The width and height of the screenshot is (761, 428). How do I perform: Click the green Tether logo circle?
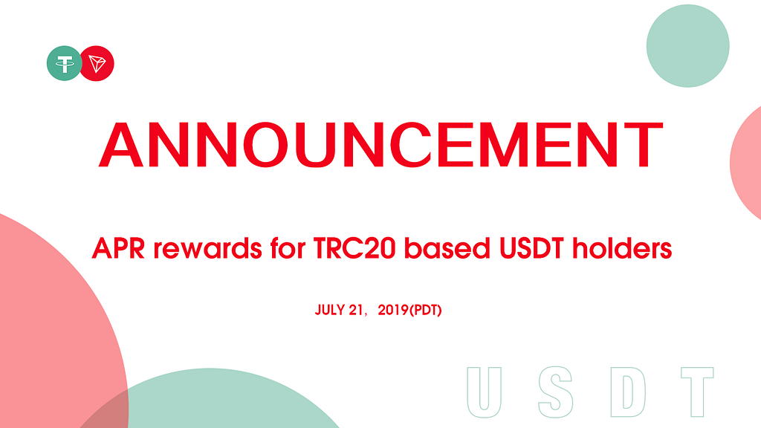pyautogui.click(x=63, y=64)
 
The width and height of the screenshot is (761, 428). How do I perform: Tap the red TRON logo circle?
pyautogui.click(x=98, y=64)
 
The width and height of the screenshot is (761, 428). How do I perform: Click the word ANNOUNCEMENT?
pyautogui.click(x=381, y=145)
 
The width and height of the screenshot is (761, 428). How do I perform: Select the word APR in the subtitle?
pyautogui.click(x=118, y=248)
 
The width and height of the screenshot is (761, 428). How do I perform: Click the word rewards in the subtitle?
pyautogui.click(x=208, y=248)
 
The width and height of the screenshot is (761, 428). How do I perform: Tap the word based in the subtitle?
pyautogui.click(x=447, y=248)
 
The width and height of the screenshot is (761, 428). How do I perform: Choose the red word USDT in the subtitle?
pyautogui.click(x=531, y=248)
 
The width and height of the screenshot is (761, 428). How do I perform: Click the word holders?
pyautogui.click(x=622, y=248)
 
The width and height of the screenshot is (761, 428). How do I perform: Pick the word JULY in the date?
pyautogui.click(x=330, y=310)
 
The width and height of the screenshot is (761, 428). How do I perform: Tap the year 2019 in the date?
pyautogui.click(x=393, y=310)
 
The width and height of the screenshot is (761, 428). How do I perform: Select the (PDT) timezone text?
pyautogui.click(x=426, y=310)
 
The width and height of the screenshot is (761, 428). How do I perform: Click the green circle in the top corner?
pyautogui.click(x=687, y=46)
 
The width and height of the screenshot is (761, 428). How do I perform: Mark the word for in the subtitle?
pyautogui.click(x=288, y=248)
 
